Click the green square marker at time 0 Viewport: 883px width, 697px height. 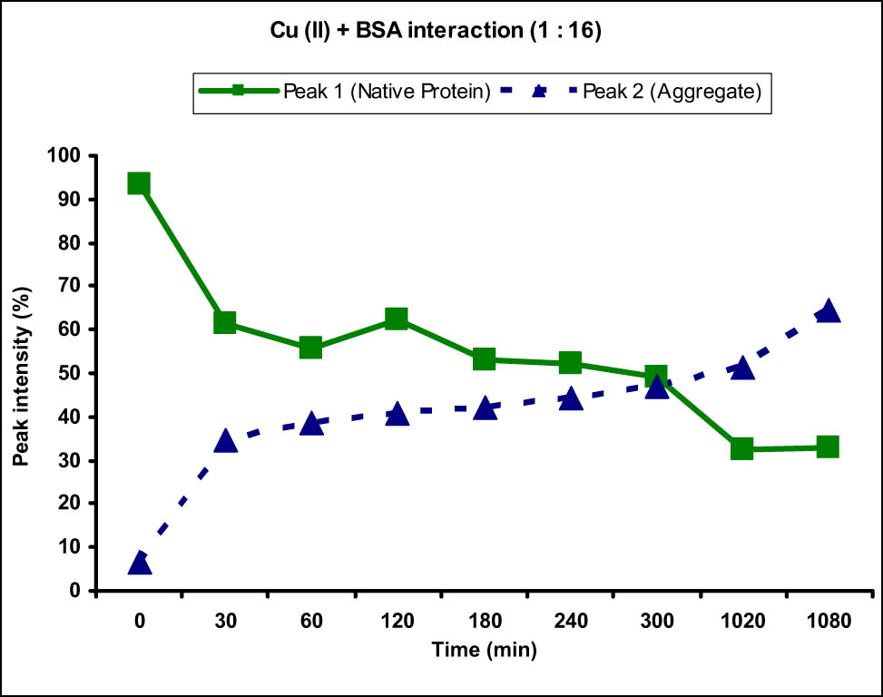[139, 183]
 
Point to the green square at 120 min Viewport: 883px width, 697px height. [397, 319]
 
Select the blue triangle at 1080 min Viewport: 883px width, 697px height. [827, 311]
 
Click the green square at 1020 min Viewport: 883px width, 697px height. [741, 448]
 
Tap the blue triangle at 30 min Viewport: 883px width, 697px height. [224, 441]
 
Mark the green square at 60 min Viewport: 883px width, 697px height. [310, 348]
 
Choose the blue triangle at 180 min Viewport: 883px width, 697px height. [484, 408]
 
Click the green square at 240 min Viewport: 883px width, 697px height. [570, 363]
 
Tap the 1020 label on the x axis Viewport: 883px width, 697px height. [742, 622]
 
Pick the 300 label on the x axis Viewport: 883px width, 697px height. [656, 622]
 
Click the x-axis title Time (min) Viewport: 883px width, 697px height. [483, 649]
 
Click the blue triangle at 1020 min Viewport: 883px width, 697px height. [741, 368]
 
